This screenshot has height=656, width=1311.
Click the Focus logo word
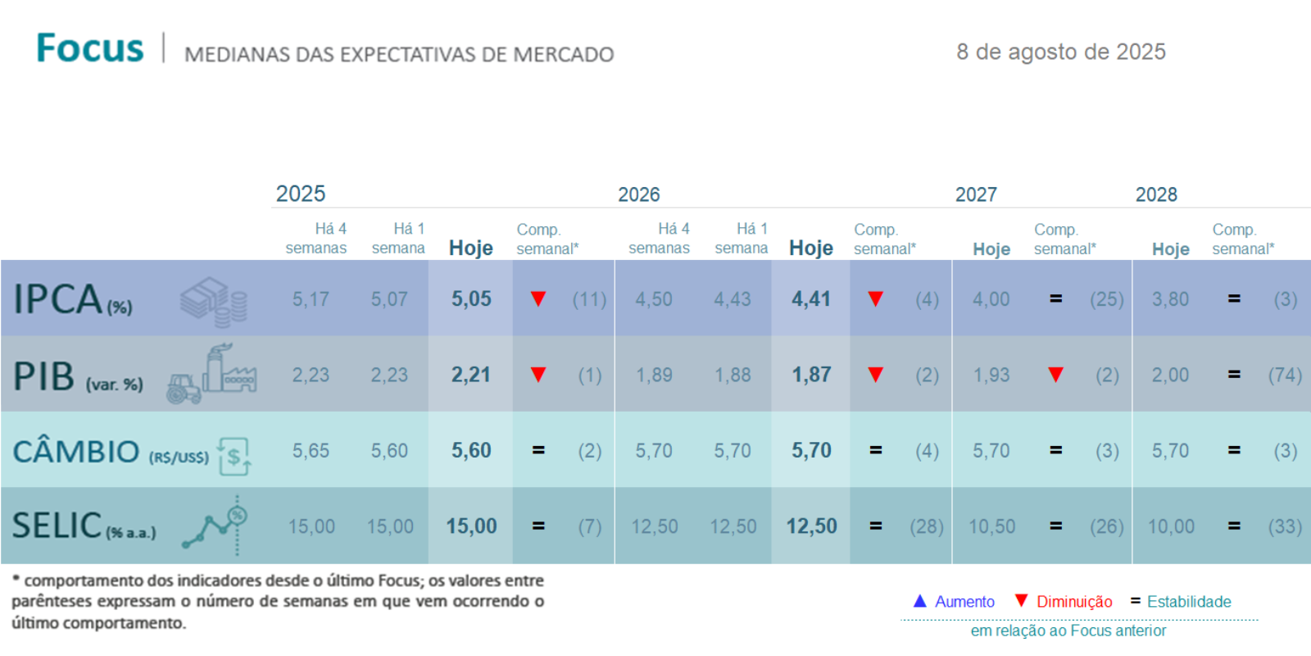pos(90,48)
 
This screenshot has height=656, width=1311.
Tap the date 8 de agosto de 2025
pos(1060,52)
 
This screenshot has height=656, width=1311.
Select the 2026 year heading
pos(638,194)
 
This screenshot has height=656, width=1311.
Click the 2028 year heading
pos(1155,194)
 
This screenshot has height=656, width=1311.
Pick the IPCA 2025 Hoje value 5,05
pos(471,298)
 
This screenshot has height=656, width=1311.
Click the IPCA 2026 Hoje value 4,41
pos(811,298)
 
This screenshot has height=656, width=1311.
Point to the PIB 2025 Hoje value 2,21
pos(471,375)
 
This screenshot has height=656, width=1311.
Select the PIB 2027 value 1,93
pos(991,375)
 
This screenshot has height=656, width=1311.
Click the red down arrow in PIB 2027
pos(1055,375)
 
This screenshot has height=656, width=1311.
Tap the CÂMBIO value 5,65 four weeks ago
pos(311,451)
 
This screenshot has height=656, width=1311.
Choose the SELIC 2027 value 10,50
pos(991,526)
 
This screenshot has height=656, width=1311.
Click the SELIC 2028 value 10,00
pos(1171,526)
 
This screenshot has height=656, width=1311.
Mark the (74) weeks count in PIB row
pos(1285,375)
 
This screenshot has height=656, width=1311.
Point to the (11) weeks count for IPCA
pos(589,299)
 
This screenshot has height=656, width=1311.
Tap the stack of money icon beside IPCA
pos(214,301)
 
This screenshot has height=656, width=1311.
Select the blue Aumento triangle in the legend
pos(919,601)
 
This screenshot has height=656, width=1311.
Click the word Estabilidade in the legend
pos(1189,602)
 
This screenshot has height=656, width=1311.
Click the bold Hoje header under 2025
pos(471,248)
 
